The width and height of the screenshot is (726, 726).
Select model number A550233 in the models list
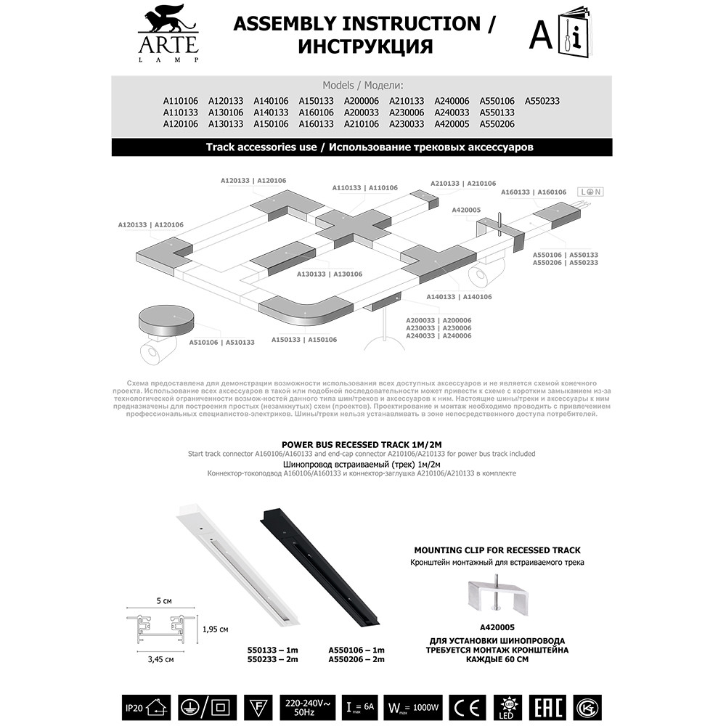click(x=542, y=101)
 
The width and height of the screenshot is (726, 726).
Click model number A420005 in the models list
click(x=452, y=124)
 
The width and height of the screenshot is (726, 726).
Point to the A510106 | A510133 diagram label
click(x=221, y=342)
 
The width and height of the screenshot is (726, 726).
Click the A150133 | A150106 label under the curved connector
click(x=304, y=340)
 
